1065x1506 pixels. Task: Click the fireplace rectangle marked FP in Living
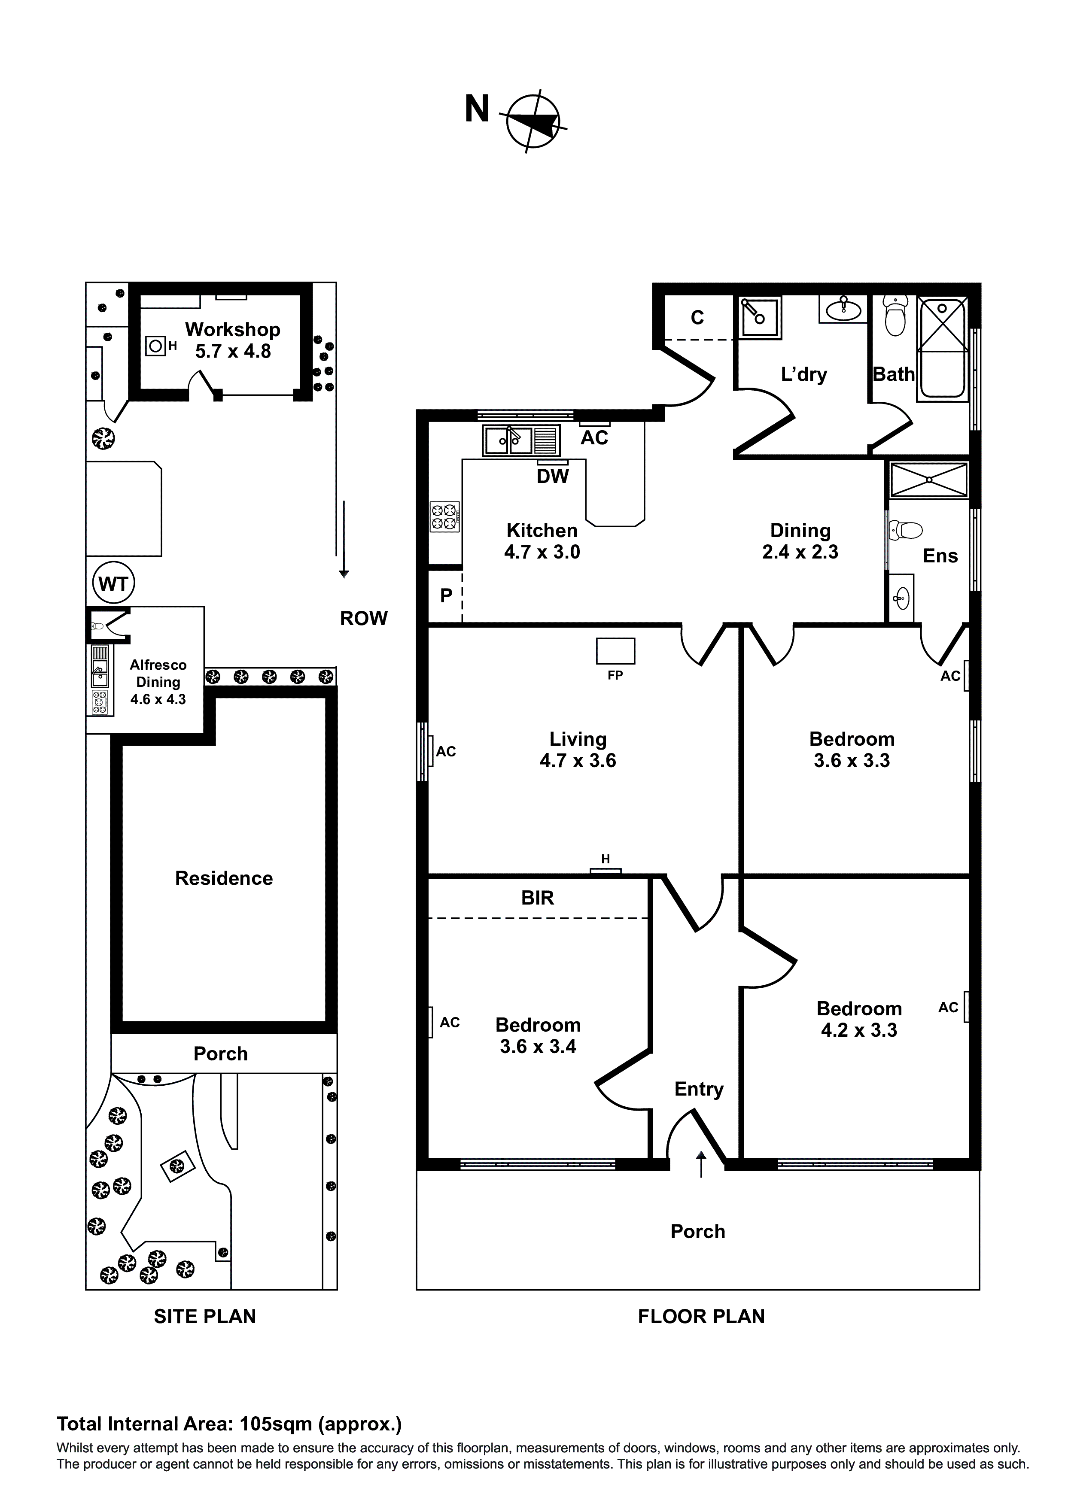[x=615, y=651]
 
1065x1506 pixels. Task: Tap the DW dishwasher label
[x=553, y=476]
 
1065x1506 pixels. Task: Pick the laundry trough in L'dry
[x=760, y=317]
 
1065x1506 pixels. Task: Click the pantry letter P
[x=446, y=595]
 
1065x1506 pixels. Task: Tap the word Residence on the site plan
[x=224, y=878]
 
